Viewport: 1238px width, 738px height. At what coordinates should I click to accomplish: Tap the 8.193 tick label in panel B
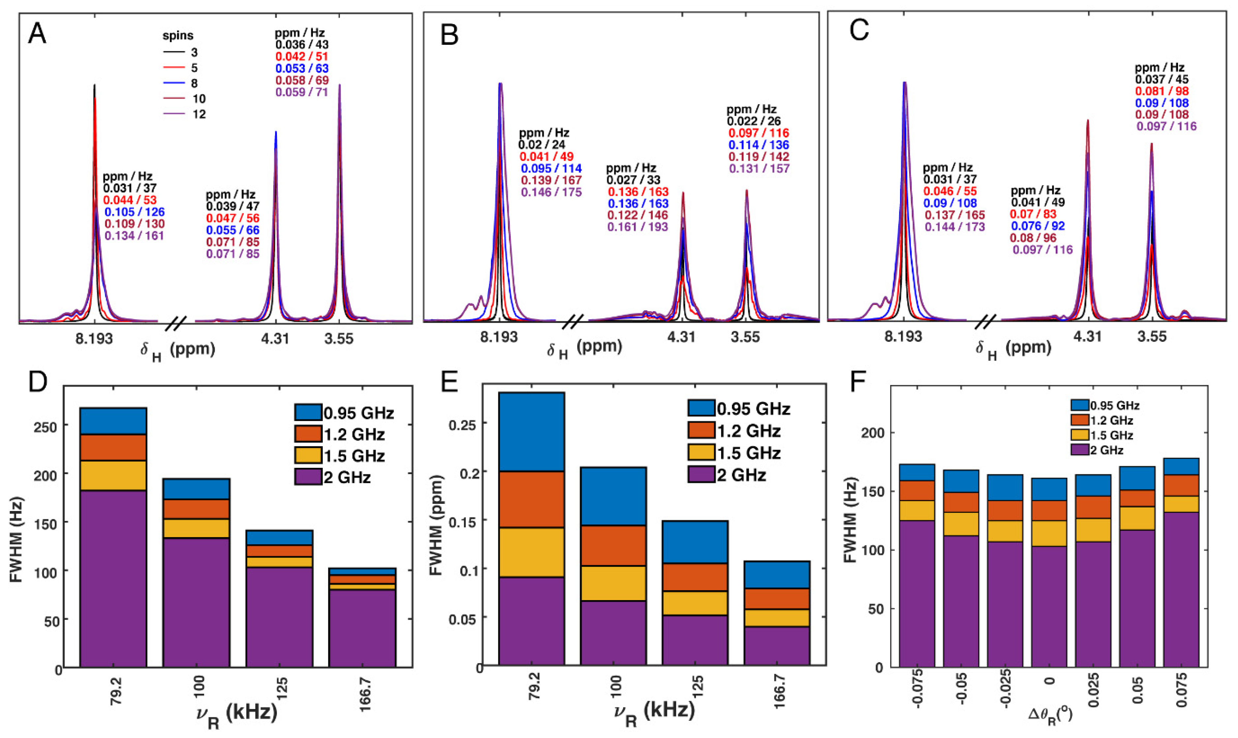point(498,337)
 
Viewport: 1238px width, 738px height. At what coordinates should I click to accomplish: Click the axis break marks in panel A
point(176,323)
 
